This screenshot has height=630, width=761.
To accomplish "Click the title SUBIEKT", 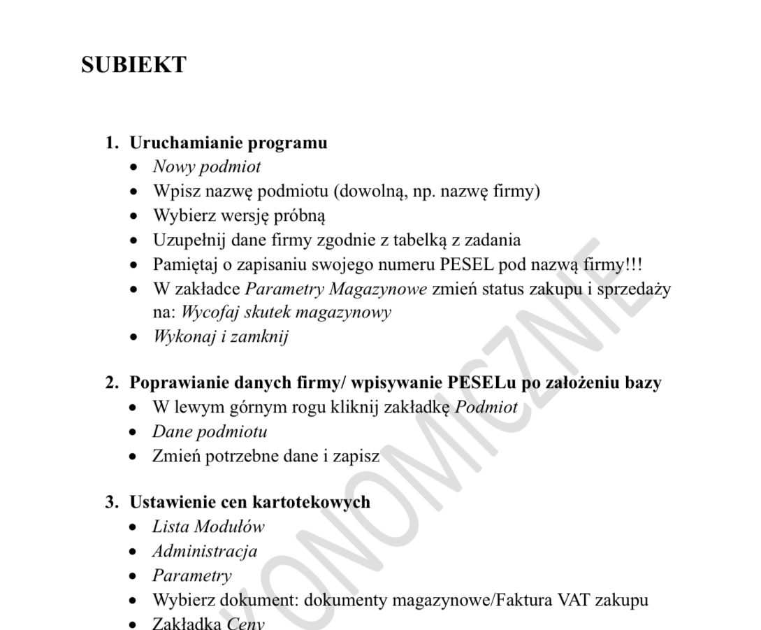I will coord(133,65).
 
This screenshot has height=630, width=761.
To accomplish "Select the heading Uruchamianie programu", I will coord(229,143).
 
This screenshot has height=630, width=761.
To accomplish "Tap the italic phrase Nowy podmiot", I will coord(207,167).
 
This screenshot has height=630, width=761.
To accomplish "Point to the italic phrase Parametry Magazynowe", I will coord(337,289).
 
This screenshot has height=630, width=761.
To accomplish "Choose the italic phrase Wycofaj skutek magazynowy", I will coord(286,313).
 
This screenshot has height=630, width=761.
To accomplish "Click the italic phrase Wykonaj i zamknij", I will coord(220,336).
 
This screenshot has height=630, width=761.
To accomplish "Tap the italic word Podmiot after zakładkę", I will coord(486,408).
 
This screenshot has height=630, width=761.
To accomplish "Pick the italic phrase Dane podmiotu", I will coord(210,431).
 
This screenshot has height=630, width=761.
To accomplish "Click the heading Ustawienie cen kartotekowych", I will coord(249,502).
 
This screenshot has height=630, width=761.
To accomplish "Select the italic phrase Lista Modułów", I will coord(208,527).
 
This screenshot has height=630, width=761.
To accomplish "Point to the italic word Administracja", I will coord(205,552).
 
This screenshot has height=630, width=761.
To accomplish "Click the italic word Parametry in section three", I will coord(192,576).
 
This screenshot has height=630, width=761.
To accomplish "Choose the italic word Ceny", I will coord(246,623).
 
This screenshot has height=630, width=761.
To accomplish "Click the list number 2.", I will coord(110,383).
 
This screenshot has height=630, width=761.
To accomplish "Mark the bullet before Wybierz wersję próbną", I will coord(134,216).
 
